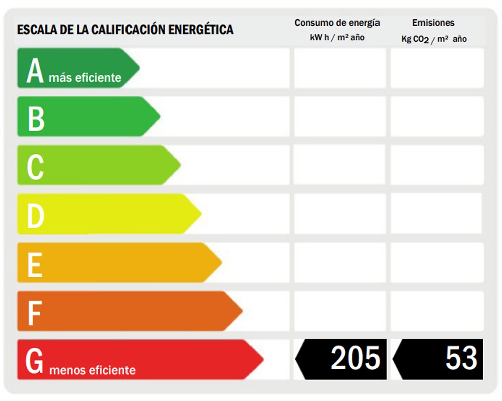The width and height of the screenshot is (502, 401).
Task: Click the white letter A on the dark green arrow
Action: (35, 71)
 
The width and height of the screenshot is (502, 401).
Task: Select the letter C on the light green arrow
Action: (35, 167)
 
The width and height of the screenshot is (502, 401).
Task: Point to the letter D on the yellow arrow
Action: (36, 216)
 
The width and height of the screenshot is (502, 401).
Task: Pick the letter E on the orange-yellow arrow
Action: (34, 265)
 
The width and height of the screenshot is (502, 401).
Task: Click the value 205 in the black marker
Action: (355, 358)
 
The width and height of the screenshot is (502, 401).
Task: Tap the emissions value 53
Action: (461, 358)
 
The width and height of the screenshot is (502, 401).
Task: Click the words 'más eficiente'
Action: (85, 78)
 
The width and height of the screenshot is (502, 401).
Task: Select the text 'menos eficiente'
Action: (92, 371)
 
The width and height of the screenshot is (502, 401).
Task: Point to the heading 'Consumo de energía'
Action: (337, 23)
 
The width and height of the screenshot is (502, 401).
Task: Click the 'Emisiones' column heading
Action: (433, 23)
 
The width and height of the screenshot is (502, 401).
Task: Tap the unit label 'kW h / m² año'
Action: (337, 38)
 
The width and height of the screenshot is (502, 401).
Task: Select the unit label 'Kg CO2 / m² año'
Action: (434, 39)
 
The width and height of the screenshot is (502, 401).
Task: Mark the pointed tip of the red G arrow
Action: (262, 359)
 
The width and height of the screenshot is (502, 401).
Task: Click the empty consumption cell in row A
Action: (339, 68)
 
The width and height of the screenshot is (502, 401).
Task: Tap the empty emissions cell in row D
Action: (436, 214)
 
